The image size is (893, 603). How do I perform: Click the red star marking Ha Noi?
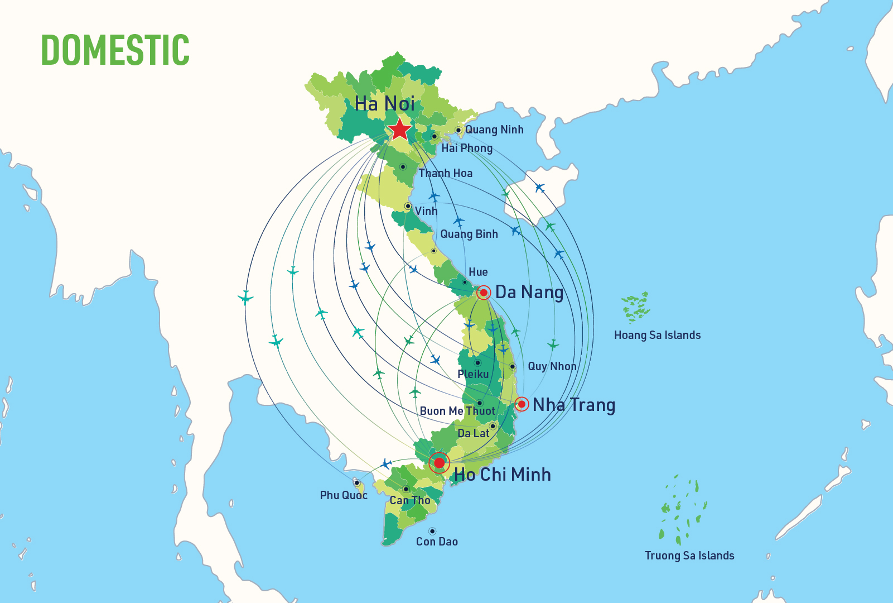tap(400, 129)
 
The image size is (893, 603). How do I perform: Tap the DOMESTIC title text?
tap(115, 50)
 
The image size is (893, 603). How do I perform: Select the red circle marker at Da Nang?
tap(484, 293)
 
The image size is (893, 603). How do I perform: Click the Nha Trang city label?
tap(573, 405)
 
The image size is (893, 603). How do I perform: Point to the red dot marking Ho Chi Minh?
tap(440, 462)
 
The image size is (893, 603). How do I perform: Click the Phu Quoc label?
tap(344, 495)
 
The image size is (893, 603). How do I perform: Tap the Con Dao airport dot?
tap(432, 531)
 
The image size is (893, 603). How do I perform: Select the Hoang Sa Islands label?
tap(657, 335)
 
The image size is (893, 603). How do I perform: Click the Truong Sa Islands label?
tap(689, 556)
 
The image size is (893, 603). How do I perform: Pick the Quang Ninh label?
tap(494, 130)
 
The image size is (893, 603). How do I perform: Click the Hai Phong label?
tap(467, 148)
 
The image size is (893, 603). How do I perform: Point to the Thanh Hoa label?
tap(446, 173)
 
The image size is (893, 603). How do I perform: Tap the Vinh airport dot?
tap(408, 206)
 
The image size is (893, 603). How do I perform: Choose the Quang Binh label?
tap(469, 234)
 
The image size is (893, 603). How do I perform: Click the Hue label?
tap(478, 272)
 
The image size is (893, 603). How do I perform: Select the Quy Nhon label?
tap(552, 366)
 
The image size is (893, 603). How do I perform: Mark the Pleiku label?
tap(473, 374)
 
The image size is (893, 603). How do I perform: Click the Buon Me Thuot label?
tap(457, 411)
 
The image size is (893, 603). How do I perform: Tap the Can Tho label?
tap(410, 500)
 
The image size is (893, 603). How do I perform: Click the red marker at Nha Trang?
tap(522, 404)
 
